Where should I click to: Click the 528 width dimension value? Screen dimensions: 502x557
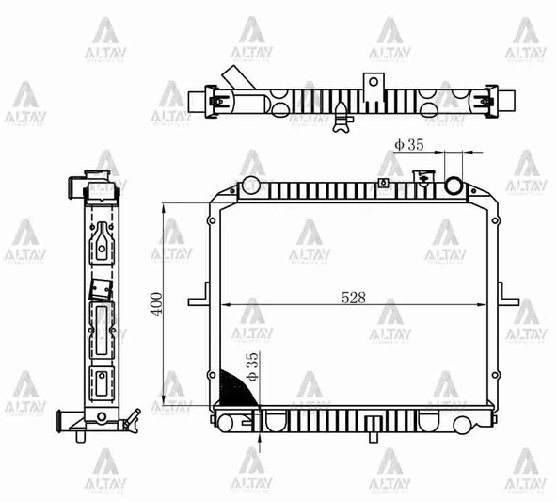click(x=354, y=297)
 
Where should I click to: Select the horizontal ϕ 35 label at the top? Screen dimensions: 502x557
click(x=410, y=145)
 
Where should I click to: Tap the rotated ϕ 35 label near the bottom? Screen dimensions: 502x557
click(x=251, y=366)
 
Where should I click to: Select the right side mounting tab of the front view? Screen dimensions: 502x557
click(x=509, y=301)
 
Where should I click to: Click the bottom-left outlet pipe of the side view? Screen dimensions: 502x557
click(x=69, y=418)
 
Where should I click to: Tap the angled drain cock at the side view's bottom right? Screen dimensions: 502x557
click(x=131, y=416)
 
